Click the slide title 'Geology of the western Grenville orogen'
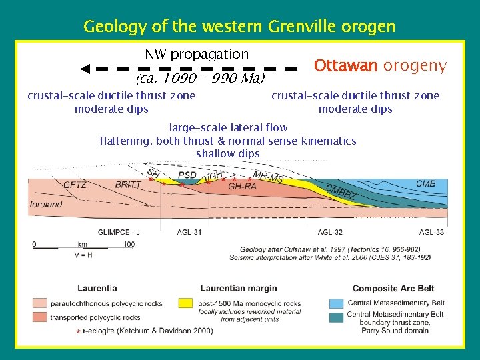click(x=239, y=27)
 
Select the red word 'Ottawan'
click(x=346, y=66)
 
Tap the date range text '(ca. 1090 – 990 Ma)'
click(x=200, y=79)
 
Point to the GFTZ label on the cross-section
click(x=75, y=185)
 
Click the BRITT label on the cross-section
click(x=127, y=185)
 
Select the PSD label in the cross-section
click(x=187, y=175)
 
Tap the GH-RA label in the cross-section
click(x=242, y=187)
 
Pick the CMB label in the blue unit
click(x=425, y=183)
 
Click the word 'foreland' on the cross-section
click(x=46, y=205)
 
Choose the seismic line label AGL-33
click(x=431, y=232)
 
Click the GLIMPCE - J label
click(x=119, y=232)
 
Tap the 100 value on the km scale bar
click(x=129, y=245)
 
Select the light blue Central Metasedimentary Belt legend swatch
click(x=337, y=303)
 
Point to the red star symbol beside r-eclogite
click(x=79, y=331)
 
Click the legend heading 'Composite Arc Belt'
click(x=393, y=289)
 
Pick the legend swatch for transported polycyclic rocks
click(x=41, y=317)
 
